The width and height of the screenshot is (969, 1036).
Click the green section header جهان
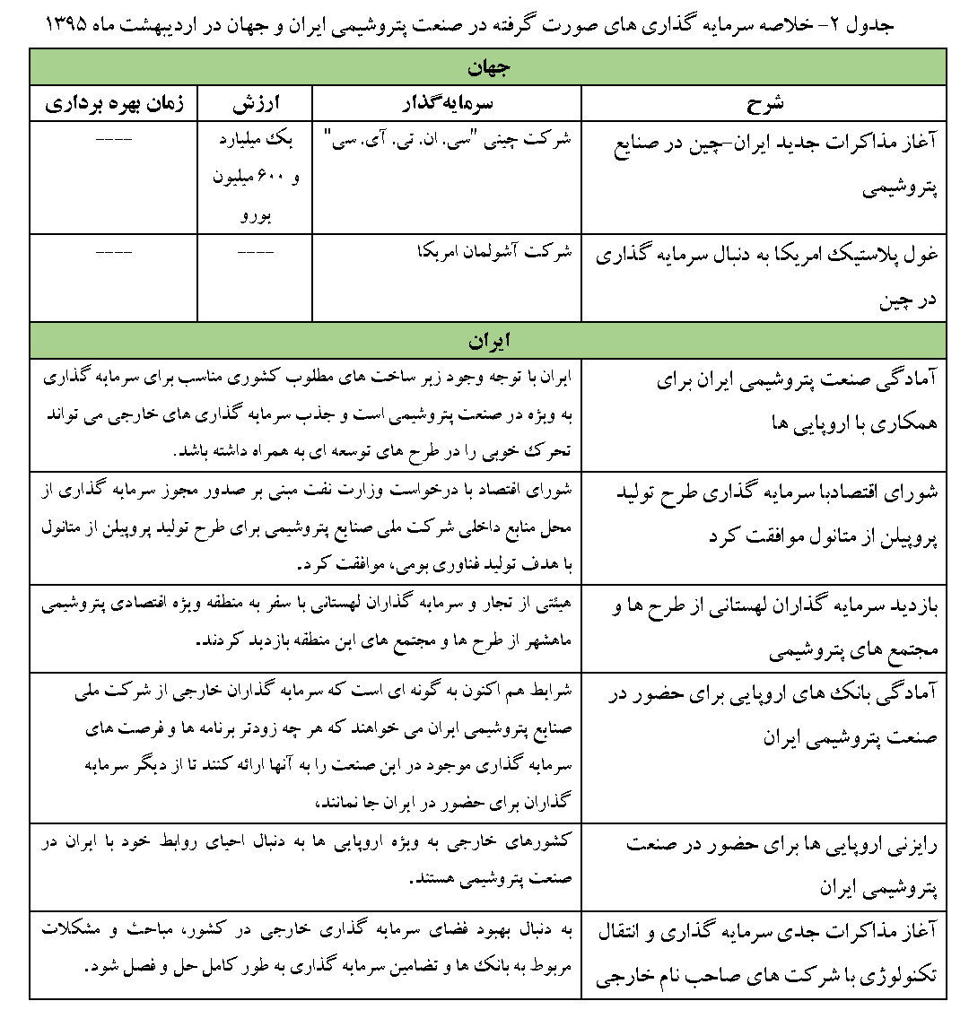[x=487, y=67]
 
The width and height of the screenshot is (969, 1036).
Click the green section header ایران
[x=487, y=341]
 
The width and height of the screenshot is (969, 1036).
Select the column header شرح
[x=764, y=103]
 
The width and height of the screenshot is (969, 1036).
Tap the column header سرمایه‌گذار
[x=447, y=103]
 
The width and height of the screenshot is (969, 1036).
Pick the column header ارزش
[x=255, y=103]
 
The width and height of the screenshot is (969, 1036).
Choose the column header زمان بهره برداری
[x=114, y=103]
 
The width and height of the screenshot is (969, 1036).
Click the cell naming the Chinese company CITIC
[x=447, y=140]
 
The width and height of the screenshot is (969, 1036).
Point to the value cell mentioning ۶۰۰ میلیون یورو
[x=255, y=178]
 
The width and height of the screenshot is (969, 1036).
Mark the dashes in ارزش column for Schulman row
[x=254, y=253]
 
